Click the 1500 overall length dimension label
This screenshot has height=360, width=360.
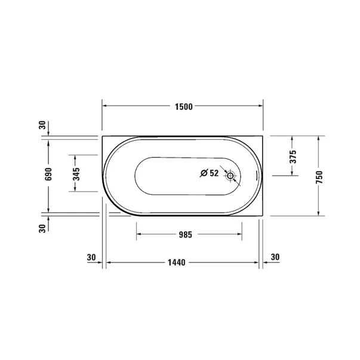[183, 107]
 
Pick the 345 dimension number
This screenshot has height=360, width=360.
[75, 173]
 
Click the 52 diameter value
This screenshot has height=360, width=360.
[214, 173]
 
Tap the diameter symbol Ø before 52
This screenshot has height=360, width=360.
[204, 173]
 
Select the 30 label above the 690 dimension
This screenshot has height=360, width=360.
[42, 125]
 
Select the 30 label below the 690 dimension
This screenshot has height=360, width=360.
[42, 227]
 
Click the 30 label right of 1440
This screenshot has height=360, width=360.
[275, 257]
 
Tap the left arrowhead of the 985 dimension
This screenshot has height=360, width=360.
[139, 235]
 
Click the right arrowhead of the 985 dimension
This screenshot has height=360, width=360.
[239, 235]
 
